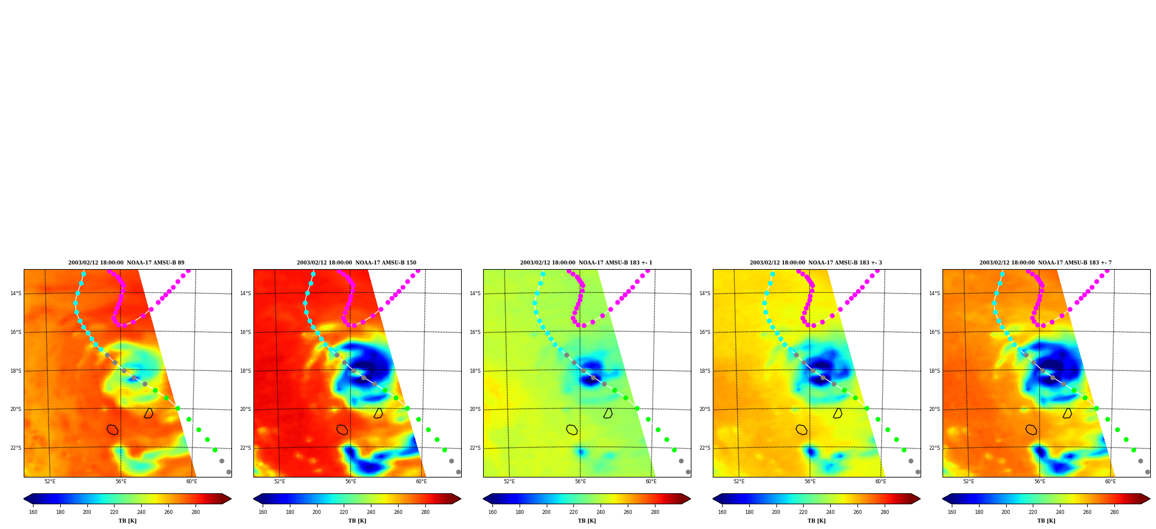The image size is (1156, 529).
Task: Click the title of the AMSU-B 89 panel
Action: tap(126, 263)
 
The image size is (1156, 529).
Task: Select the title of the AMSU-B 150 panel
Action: tap(356, 263)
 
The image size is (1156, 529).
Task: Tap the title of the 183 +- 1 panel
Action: tap(586, 263)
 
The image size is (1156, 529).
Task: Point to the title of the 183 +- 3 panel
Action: tap(816, 263)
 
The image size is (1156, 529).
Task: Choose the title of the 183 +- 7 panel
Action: tap(1045, 263)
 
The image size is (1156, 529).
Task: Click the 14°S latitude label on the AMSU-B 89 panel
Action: tap(16, 293)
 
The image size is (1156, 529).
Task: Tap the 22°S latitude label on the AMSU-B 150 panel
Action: tap(245, 448)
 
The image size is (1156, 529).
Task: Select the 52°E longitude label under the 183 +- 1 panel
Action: tap(509, 482)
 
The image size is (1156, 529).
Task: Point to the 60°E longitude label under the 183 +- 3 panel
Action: tap(881, 482)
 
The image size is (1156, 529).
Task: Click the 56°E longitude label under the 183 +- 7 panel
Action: tap(1040, 482)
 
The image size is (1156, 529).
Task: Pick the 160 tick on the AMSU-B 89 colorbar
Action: tap(33, 512)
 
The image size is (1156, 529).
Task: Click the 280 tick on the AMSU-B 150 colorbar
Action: tap(425, 512)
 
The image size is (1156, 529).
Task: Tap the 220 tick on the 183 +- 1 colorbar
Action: tap(573, 512)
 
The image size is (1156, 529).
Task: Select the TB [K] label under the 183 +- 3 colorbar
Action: tap(816, 521)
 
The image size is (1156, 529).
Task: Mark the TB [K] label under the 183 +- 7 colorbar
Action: tap(1046, 521)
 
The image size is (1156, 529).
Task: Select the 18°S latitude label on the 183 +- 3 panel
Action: tap(705, 371)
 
